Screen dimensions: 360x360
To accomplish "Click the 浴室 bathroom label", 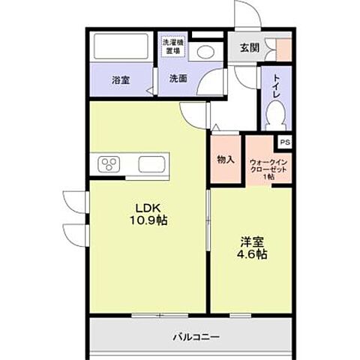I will point(120,80).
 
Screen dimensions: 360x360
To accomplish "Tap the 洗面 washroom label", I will point(178,78).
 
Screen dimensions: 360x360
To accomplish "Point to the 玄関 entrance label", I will point(250,48).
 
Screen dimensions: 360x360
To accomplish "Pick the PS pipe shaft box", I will point(284,141).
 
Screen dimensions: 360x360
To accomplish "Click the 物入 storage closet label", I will point(226,159).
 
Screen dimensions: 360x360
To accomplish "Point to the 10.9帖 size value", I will point(148,222).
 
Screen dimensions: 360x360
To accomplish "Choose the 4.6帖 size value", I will point(251,255).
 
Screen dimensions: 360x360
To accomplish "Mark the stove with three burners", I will point(109,164).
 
